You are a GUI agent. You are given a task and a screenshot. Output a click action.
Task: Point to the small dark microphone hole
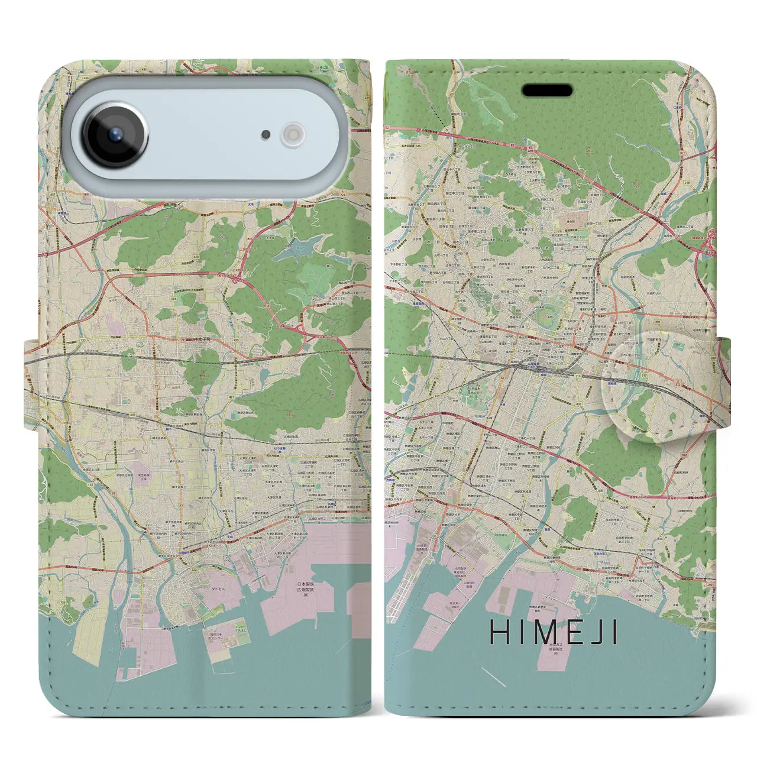pyautogui.click(x=266, y=135)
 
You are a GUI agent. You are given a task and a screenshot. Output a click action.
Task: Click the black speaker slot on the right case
pyautogui.click(x=547, y=90)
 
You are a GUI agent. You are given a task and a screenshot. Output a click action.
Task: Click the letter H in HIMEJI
pyautogui.click(x=499, y=632)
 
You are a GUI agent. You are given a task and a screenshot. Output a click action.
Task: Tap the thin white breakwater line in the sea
pyautogui.click(x=493, y=677)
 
